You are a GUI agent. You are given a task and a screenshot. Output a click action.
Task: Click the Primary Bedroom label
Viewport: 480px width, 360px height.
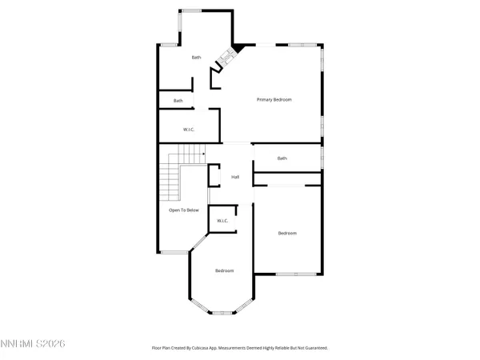point(274,99)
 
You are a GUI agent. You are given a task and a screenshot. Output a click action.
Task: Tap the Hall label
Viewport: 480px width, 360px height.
point(236,177)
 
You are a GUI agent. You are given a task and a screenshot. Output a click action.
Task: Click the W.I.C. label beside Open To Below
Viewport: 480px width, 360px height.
point(222,221)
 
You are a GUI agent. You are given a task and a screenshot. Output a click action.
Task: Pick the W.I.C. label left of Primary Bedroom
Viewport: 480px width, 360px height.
point(190,129)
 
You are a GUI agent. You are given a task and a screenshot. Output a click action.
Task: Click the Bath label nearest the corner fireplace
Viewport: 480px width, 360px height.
point(196,58)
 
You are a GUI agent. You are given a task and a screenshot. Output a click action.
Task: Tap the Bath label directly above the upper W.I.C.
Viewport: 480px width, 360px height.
point(178,101)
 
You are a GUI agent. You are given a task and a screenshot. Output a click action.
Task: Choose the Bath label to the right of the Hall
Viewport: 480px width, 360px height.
point(282,158)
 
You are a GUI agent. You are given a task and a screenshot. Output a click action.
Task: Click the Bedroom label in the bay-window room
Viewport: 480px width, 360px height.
point(225,271)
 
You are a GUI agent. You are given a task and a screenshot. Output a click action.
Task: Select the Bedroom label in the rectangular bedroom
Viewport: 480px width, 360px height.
point(287,234)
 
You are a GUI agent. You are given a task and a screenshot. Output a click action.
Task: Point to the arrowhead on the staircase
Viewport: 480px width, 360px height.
point(203,154)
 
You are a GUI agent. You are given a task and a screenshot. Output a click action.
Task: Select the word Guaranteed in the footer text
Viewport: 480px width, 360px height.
point(312,348)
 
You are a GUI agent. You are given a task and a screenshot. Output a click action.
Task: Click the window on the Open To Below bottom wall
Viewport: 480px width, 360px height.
point(174,253)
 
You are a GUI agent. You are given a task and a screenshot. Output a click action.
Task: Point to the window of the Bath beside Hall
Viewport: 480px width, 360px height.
point(322,158)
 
